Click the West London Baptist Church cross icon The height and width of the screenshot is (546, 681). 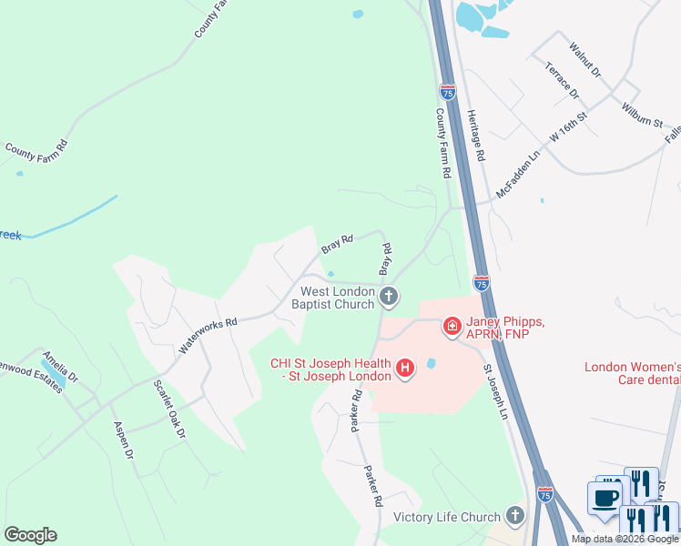pyautogui.click(x=389, y=296)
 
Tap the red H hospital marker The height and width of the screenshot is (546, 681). pyautogui.click(x=406, y=369)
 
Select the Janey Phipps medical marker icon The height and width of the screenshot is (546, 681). pyautogui.click(x=451, y=326)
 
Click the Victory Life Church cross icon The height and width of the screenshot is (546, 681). pyautogui.click(x=514, y=517)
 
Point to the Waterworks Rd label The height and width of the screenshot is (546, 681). pyautogui.click(x=208, y=335)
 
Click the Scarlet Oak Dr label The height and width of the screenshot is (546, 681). pyautogui.click(x=169, y=409)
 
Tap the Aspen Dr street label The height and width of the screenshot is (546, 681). pyautogui.click(x=124, y=440)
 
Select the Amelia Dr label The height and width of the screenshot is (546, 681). pyautogui.click(x=59, y=365)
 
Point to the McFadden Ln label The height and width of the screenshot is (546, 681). pyautogui.click(x=518, y=177)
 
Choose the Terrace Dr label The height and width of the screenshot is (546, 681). pyautogui.click(x=562, y=80)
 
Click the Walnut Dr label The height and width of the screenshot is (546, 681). pyautogui.click(x=584, y=57)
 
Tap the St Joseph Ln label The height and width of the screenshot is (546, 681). pyautogui.click(x=494, y=392)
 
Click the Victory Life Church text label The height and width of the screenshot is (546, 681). pyautogui.click(x=447, y=518)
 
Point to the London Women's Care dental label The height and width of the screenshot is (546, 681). pyautogui.click(x=632, y=374)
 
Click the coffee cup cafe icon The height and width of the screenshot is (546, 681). pyautogui.click(x=605, y=497)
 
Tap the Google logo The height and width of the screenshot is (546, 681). pyautogui.click(x=30, y=535)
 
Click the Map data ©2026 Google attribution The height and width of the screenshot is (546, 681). pyautogui.click(x=625, y=539)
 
